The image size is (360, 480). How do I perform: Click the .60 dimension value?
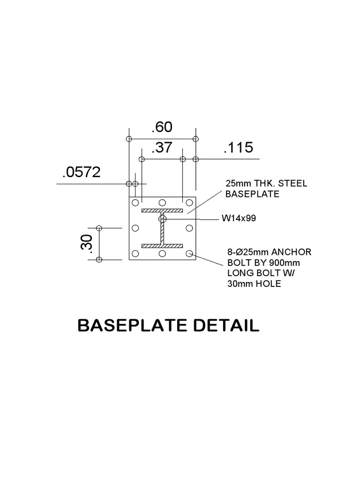[162, 127]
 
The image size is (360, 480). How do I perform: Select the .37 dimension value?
[162, 148]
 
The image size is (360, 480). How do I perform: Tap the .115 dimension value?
[239, 148]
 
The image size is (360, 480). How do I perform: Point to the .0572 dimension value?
[82, 172]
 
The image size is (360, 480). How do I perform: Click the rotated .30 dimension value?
[87, 244]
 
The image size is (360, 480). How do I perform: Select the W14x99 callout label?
[239, 218]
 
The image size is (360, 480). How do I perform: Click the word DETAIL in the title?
[226, 325]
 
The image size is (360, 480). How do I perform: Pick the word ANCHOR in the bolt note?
[291, 252]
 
